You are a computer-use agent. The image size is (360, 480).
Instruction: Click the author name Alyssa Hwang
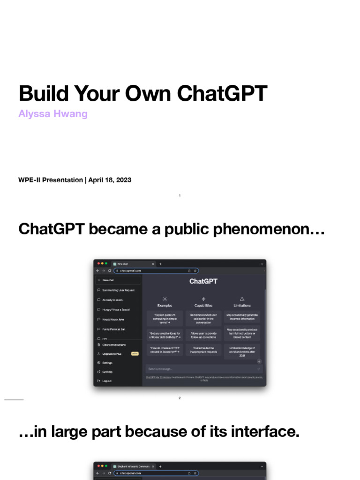tap(53, 114)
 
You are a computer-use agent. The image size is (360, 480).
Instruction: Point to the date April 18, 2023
tap(109, 180)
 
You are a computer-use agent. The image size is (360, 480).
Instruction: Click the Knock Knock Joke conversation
tap(113, 319)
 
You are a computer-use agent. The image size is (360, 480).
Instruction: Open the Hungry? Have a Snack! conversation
tap(116, 309)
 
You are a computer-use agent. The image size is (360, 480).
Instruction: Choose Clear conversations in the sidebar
tap(114, 345)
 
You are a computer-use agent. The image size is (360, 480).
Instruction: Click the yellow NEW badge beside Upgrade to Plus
tap(135, 354)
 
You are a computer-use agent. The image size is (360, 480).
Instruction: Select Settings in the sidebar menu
tap(107, 363)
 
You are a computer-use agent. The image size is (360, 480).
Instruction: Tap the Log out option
tap(107, 381)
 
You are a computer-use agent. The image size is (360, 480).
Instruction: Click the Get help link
tap(107, 372)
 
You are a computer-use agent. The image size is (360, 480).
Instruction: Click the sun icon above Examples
tap(165, 299)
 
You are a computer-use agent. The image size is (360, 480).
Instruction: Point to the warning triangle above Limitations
tap(242, 299)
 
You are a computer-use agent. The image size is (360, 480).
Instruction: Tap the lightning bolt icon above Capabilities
tap(203, 299)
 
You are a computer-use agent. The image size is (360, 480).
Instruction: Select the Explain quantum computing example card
tap(165, 319)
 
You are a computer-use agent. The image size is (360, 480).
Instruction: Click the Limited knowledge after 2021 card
tap(242, 352)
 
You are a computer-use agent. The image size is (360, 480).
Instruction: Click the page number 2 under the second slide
tap(180, 398)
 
